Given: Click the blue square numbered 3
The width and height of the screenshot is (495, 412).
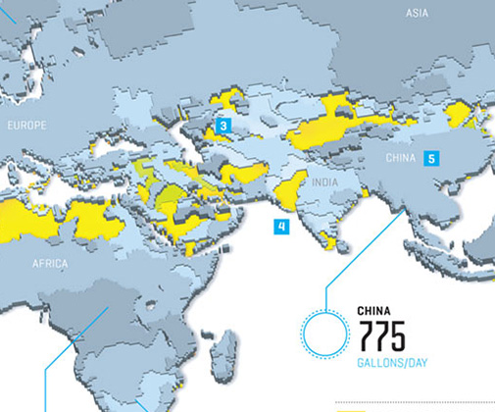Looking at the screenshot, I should point(223,126).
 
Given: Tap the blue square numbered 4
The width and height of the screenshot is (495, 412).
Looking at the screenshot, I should point(281,227).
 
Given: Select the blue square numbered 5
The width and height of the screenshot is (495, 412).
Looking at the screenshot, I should point(431,157).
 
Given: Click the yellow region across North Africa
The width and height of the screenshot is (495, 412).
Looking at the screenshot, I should point(59,221).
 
